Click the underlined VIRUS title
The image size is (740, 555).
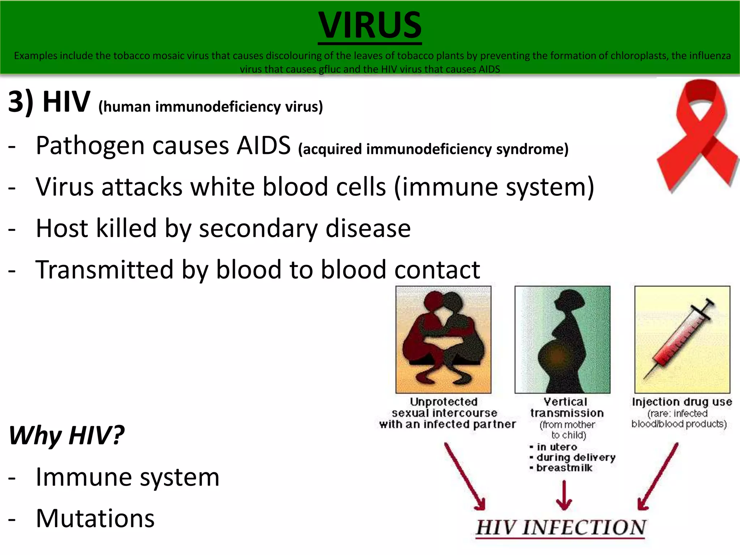tap(370, 25)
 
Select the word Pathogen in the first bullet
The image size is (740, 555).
tap(90, 146)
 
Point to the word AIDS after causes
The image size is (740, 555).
tap(263, 146)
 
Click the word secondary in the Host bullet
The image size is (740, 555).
tap(258, 228)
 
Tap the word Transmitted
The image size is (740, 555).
tap(104, 270)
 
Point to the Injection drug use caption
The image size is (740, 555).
tap(681, 402)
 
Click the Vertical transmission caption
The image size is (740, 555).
tap(567, 407)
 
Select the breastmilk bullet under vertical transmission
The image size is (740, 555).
tap(564, 468)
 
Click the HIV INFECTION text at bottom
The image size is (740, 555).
tap(560, 528)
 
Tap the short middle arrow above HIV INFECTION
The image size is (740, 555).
tap(564, 495)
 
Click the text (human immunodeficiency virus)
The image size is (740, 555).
tap(210, 107)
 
